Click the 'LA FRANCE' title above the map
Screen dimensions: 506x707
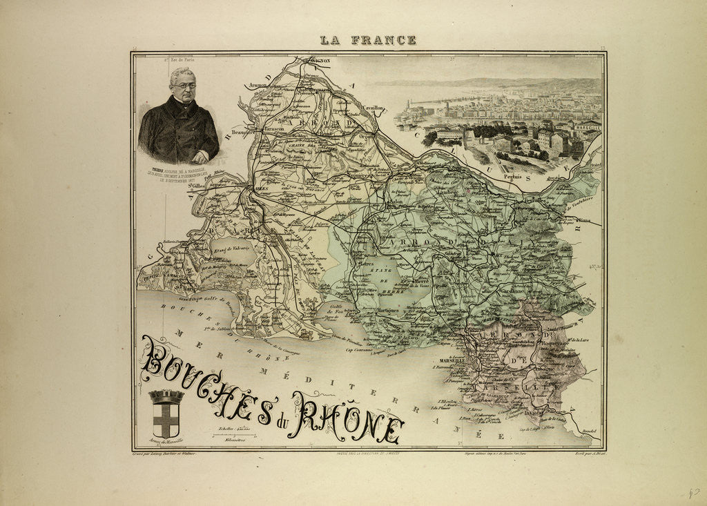(x=368, y=40)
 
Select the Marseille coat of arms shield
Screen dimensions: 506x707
(x=166, y=416)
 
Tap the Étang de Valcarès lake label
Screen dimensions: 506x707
(x=228, y=247)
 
